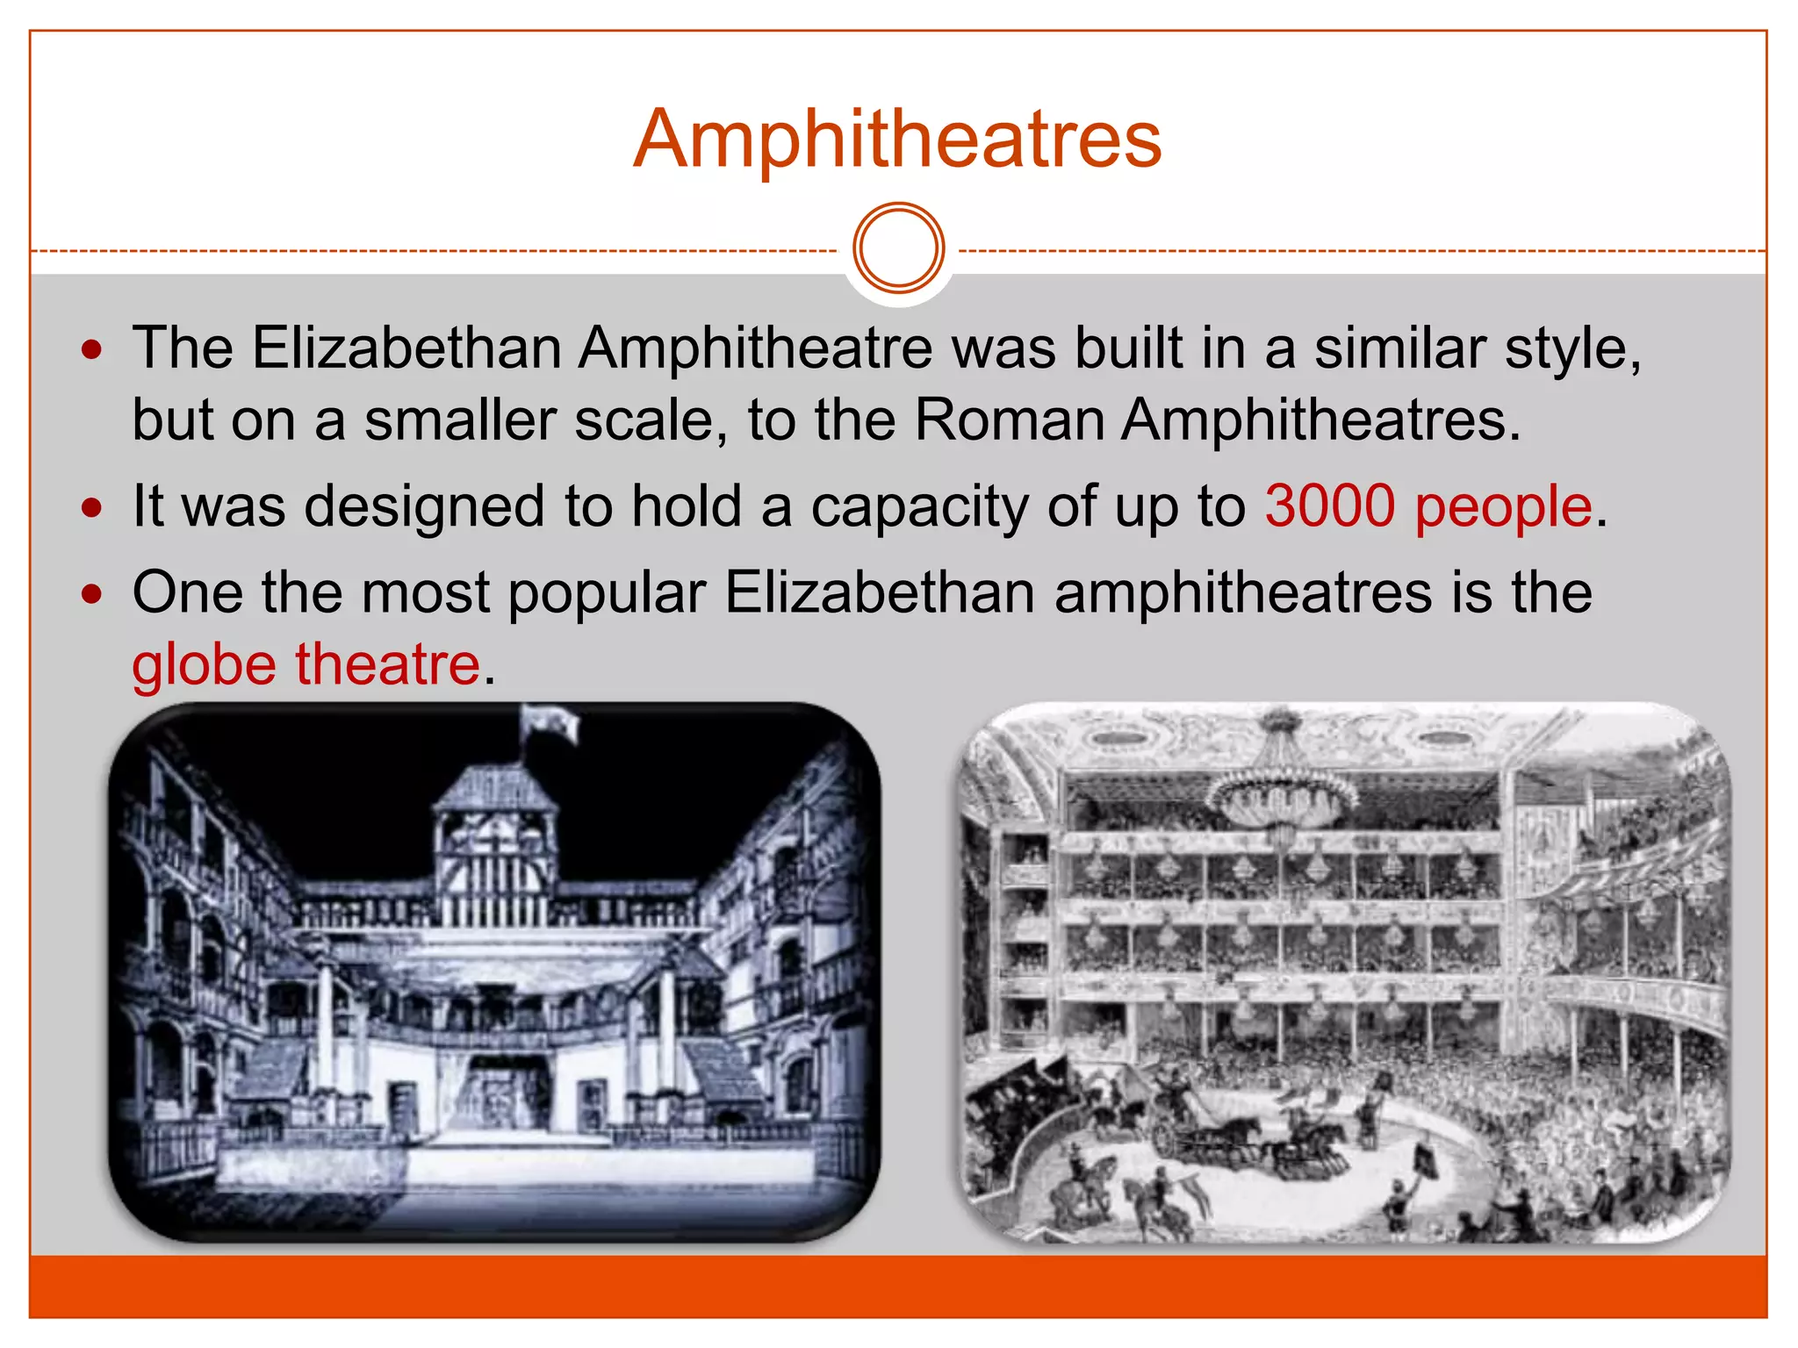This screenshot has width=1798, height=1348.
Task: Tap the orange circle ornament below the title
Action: (898, 247)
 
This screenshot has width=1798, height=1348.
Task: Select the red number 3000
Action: (1329, 506)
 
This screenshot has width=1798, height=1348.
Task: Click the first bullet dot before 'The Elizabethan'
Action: (91, 351)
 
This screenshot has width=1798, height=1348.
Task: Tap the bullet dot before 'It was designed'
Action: (91, 508)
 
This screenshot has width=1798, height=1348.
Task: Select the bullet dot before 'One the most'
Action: (91, 594)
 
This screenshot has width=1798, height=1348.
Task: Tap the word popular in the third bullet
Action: (607, 592)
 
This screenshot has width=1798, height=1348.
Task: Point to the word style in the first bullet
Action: (1571, 348)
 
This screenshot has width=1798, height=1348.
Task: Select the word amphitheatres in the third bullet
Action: (1243, 592)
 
